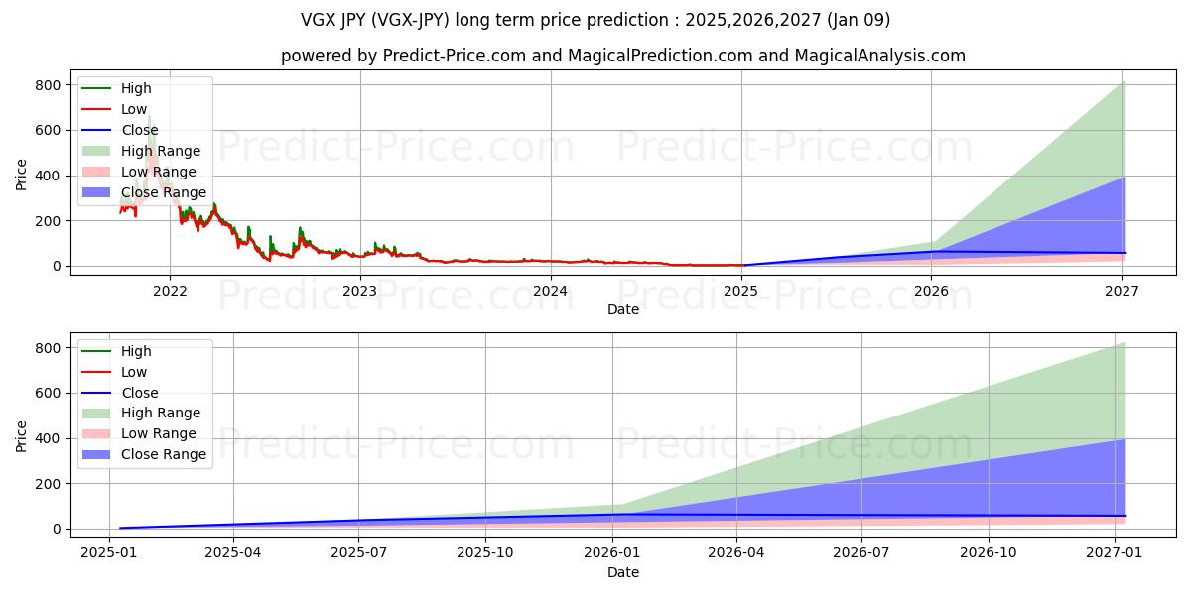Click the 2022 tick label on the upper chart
click(170, 291)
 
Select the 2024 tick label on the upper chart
click(550, 291)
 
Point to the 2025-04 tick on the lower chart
click(233, 553)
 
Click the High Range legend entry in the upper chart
click(159, 151)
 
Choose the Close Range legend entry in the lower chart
click(164, 454)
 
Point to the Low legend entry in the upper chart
click(134, 109)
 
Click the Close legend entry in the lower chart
click(139, 393)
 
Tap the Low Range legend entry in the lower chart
click(158, 433)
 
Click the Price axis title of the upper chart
click(22, 175)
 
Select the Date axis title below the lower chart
click(622, 572)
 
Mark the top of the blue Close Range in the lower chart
click(1124, 440)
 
